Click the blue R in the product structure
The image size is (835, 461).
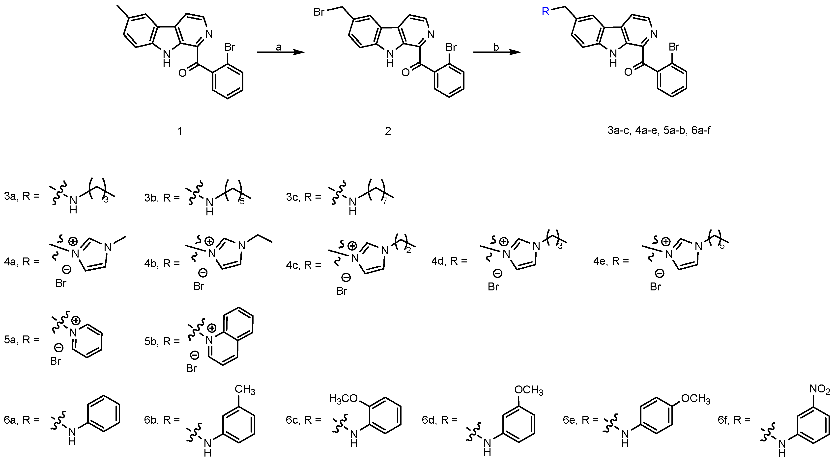click(x=546, y=12)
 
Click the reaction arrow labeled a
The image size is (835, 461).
click(x=281, y=52)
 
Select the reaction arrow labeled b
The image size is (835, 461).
click(x=497, y=52)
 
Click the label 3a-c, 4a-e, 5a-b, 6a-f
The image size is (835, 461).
click(x=659, y=131)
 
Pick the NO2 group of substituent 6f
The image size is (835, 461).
click(x=820, y=388)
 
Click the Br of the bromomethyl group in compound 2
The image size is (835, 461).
click(x=319, y=12)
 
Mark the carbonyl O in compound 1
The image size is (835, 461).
click(x=182, y=73)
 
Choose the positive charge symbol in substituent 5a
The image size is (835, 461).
click(x=76, y=321)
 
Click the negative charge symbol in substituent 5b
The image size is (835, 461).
click(x=195, y=356)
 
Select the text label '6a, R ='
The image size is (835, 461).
click(x=22, y=420)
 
